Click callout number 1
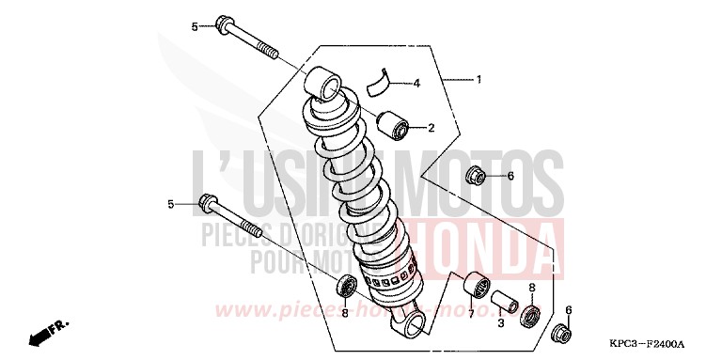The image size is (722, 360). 479,80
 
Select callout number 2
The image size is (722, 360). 432,128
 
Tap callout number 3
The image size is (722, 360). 500,323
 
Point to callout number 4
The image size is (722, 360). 416,84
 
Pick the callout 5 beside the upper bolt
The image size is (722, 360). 196,27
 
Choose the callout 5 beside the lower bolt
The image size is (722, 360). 172,204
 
